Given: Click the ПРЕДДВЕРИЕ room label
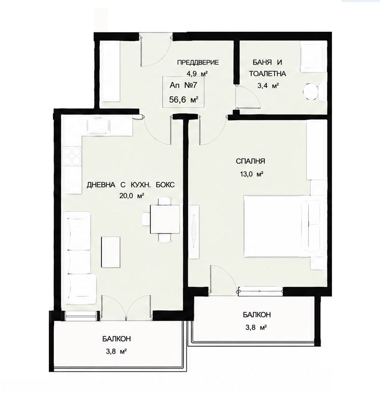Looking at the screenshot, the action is point(198,63).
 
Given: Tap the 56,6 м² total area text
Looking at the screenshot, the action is point(183,100).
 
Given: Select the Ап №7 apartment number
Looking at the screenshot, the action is point(183,85).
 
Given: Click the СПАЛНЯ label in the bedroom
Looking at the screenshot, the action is point(250,161).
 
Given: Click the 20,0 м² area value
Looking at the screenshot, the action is point(132,196).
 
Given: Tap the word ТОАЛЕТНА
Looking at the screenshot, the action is point(267,74).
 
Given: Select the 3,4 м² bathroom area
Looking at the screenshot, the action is point(267,85).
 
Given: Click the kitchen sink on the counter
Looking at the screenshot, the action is point(99,126).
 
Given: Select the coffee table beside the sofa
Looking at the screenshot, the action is point(111,252).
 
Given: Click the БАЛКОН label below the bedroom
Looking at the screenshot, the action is point(257,314).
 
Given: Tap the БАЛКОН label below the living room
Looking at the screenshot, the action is point(117,339).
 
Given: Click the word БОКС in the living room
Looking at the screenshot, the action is point(165,185).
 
